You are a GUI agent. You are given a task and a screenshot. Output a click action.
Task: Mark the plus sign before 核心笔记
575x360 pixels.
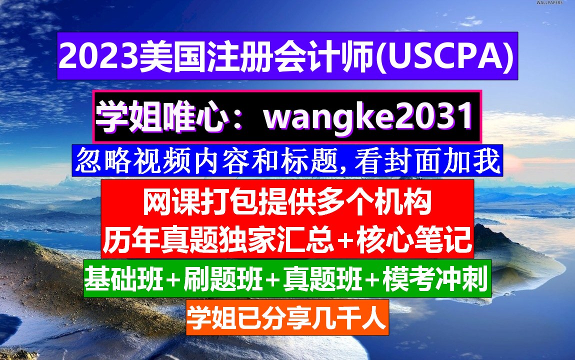(346, 242)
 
